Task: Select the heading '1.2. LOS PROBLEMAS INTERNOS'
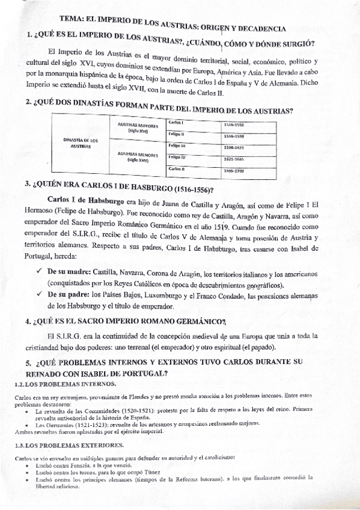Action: (x=58, y=382)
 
